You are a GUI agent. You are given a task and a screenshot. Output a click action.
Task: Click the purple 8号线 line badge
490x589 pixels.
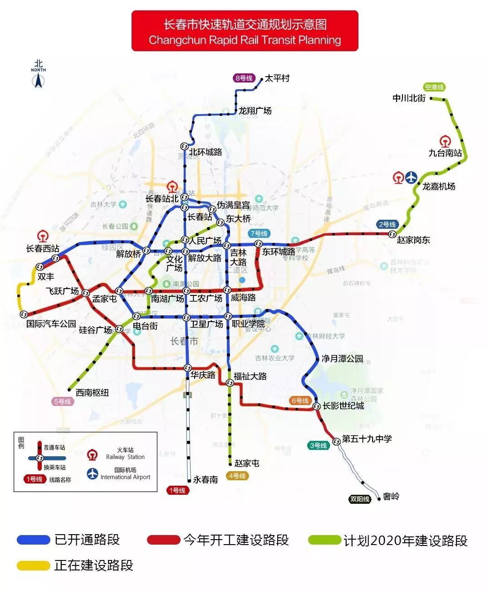pyautogui.click(x=244, y=78)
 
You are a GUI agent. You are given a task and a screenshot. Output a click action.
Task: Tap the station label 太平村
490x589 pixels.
pyautogui.click(x=277, y=78)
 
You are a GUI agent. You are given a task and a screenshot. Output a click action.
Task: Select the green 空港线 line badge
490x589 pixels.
pyautogui.click(x=434, y=87)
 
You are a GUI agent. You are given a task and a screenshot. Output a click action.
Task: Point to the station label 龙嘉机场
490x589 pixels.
pyautogui.click(x=439, y=186)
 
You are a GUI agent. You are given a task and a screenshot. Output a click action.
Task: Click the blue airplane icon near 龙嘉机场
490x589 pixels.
pyautogui.click(x=412, y=178)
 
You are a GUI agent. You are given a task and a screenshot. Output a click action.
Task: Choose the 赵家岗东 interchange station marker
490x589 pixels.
pyautogui.click(x=392, y=234)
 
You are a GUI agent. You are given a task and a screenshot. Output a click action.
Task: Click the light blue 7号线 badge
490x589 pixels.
pyautogui.click(x=259, y=233)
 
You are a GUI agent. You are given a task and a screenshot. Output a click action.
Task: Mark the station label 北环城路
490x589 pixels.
pyautogui.click(x=206, y=152)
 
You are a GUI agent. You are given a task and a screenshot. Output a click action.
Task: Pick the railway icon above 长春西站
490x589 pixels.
pyautogui.click(x=43, y=236)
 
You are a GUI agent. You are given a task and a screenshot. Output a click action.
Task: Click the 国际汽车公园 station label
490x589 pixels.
pyautogui.click(x=51, y=324)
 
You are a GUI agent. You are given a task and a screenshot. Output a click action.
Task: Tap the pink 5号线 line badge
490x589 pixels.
pyautogui.click(x=63, y=401)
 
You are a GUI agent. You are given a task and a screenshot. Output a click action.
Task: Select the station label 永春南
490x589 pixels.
pyautogui.click(x=206, y=479)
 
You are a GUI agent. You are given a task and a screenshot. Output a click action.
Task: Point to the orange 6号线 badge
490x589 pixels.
pyautogui.click(x=300, y=401)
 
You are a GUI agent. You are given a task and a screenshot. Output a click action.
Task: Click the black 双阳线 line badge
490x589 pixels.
pyautogui.click(x=360, y=499)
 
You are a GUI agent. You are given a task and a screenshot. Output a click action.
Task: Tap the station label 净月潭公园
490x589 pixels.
pyautogui.click(x=342, y=359)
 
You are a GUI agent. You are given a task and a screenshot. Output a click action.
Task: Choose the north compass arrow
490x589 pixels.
pyautogui.click(x=39, y=81)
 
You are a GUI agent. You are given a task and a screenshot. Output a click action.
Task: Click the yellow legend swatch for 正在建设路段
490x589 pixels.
pyautogui.click(x=33, y=565)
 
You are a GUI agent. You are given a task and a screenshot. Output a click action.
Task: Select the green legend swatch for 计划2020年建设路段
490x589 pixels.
pyautogui.click(x=324, y=540)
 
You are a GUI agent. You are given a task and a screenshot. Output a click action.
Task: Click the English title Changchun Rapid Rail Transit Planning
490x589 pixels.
pyautogui.click(x=245, y=40)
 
